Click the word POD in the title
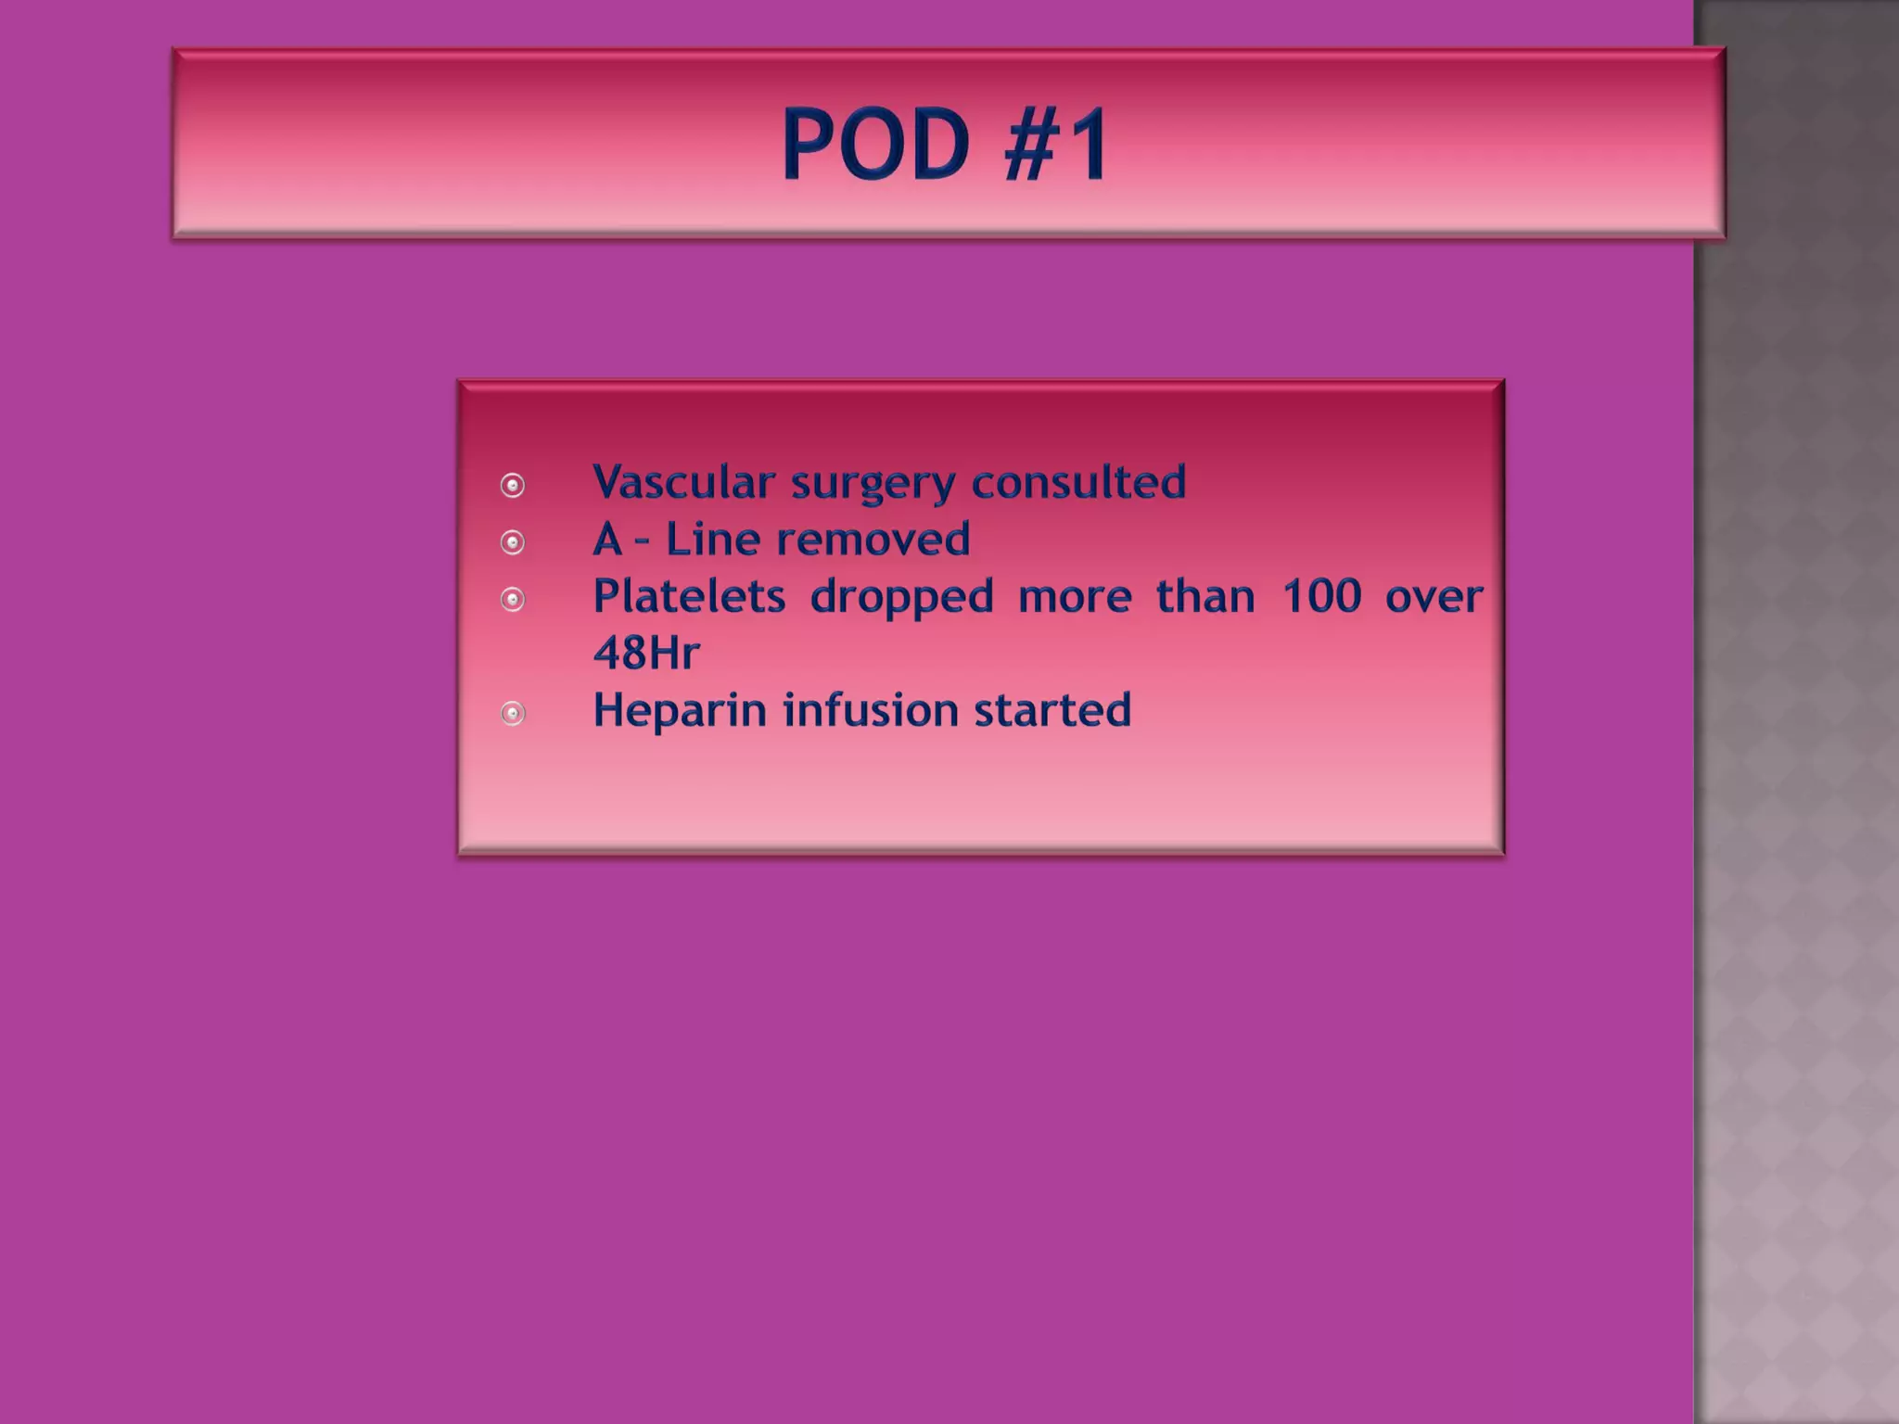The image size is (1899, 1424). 875,145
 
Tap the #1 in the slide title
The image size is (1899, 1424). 1056,145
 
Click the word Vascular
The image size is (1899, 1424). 683,482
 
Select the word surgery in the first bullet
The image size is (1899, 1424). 872,484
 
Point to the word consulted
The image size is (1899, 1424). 1078,482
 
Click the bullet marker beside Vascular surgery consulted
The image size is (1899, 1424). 513,485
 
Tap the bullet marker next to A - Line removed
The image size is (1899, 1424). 513,542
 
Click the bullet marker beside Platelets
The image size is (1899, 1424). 513,600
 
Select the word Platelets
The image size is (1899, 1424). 689,596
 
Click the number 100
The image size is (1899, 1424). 1321,596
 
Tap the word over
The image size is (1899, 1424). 1434,596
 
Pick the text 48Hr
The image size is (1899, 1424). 646,653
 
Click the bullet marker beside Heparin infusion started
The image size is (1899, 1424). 513,713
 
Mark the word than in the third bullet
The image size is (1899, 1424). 1204,596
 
